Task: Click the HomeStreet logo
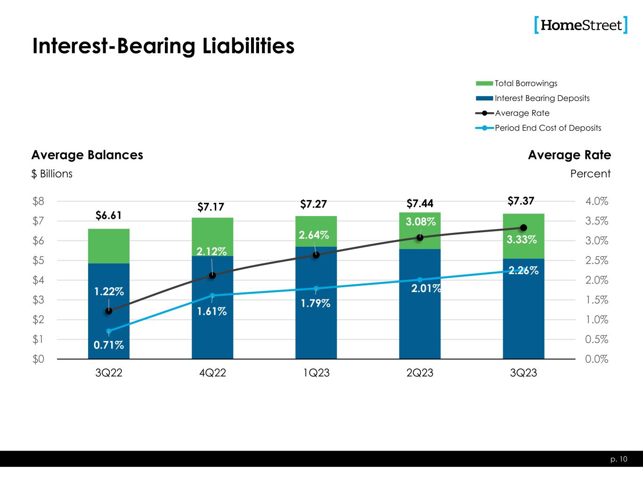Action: (581, 25)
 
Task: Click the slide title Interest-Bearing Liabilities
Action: (163, 46)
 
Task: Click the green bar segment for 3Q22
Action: (109, 246)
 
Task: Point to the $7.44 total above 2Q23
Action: (420, 204)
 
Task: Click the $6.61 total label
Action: (109, 216)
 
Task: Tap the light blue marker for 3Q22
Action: (109, 331)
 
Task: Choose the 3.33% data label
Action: (521, 240)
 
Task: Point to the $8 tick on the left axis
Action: (39, 201)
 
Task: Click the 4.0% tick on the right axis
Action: (597, 201)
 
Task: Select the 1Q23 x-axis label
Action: (316, 373)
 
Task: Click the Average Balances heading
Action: (87, 155)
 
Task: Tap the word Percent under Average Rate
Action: (590, 174)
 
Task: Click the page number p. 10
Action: (620, 459)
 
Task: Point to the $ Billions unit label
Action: (52, 174)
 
